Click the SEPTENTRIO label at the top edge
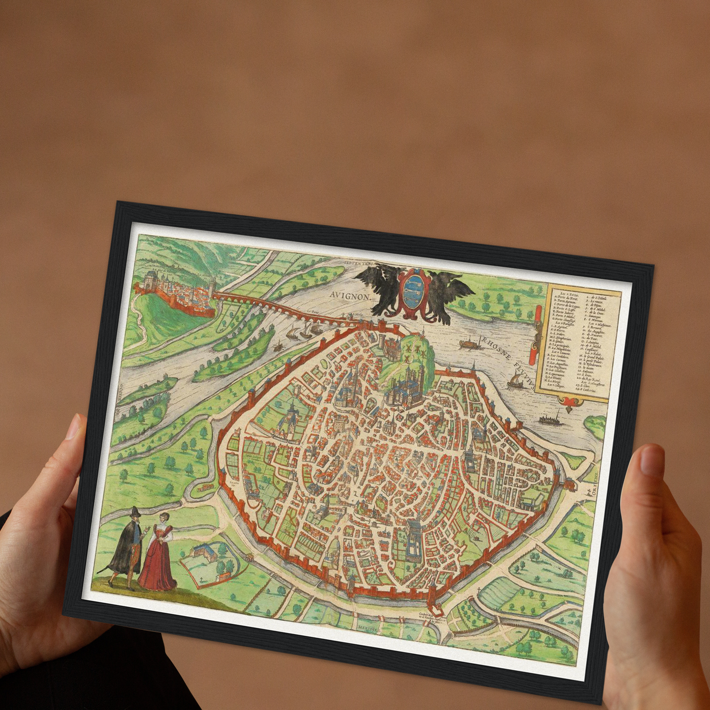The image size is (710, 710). coord(360,264)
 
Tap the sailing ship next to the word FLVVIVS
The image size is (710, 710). coord(515,379)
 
